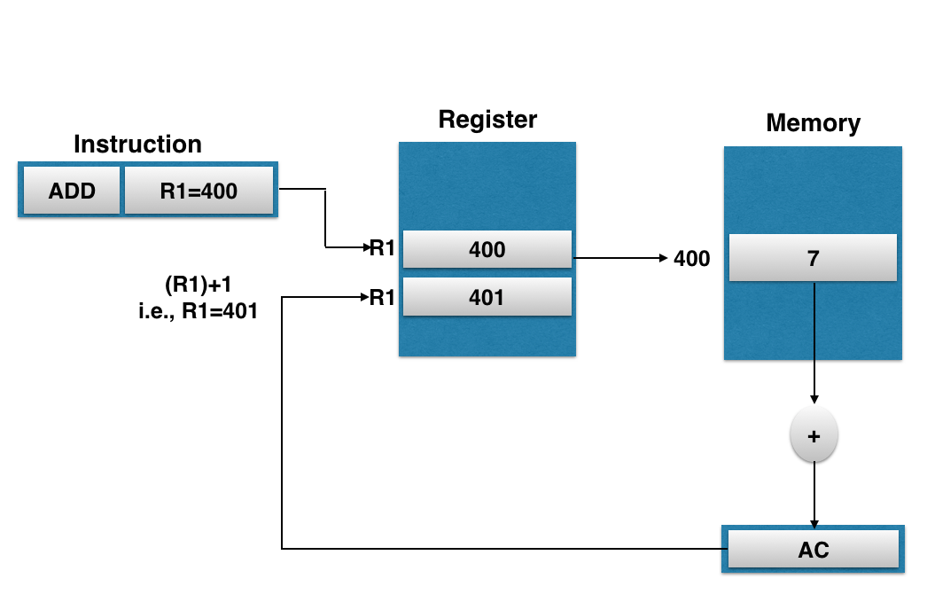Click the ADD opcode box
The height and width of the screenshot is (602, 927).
tap(72, 191)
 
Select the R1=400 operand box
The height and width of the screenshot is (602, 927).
tap(199, 191)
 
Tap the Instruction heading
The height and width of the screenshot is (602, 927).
tap(137, 145)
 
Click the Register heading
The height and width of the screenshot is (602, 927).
tap(487, 120)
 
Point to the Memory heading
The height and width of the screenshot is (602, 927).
tap(813, 123)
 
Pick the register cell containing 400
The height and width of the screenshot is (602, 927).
tap(487, 249)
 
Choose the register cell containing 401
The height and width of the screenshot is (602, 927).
tap(487, 297)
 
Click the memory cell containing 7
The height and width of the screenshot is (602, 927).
tap(813, 258)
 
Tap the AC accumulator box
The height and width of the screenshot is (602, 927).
tap(813, 550)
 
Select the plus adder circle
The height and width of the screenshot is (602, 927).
tap(814, 436)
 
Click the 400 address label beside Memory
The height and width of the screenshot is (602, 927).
tap(691, 258)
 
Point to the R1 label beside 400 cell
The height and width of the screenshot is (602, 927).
tap(382, 247)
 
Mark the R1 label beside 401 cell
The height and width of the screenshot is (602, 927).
tap(382, 297)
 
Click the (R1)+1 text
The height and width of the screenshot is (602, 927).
tap(198, 285)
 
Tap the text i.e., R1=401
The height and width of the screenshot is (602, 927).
tap(198, 311)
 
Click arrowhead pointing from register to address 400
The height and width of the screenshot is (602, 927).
tap(663, 258)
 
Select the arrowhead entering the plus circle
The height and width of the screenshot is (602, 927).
tap(814, 400)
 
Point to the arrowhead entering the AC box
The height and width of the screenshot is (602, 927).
tap(814, 525)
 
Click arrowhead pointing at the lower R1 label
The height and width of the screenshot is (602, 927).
tap(365, 297)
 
